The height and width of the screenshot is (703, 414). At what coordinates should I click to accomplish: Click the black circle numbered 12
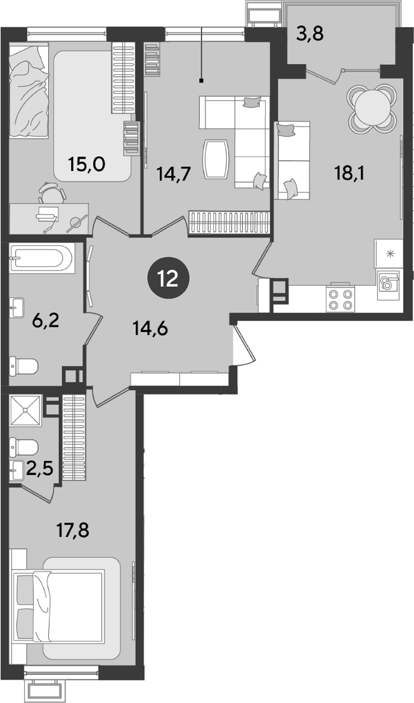(x=169, y=280)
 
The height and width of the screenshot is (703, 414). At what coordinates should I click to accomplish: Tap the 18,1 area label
(x=350, y=172)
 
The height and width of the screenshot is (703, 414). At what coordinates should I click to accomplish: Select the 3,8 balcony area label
(x=310, y=34)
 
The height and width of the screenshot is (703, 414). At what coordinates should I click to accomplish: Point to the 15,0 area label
(x=87, y=165)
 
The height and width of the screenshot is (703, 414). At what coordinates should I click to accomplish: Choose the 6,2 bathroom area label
(x=46, y=320)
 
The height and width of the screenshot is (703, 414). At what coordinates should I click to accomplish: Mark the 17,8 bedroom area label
(x=73, y=531)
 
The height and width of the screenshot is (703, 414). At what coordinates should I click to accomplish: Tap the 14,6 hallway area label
(x=150, y=329)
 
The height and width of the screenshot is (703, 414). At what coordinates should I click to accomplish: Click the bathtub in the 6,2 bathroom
(x=42, y=258)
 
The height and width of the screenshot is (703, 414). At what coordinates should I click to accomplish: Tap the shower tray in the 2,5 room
(x=26, y=410)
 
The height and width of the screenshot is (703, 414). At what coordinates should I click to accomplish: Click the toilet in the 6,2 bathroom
(x=24, y=367)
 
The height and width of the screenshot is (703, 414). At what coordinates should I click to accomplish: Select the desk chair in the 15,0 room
(x=49, y=191)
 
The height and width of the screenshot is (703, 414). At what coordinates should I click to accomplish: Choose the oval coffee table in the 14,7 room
(x=216, y=159)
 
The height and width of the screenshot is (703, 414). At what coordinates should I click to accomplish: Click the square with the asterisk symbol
(x=389, y=253)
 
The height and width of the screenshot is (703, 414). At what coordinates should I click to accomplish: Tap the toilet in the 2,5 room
(x=24, y=447)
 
